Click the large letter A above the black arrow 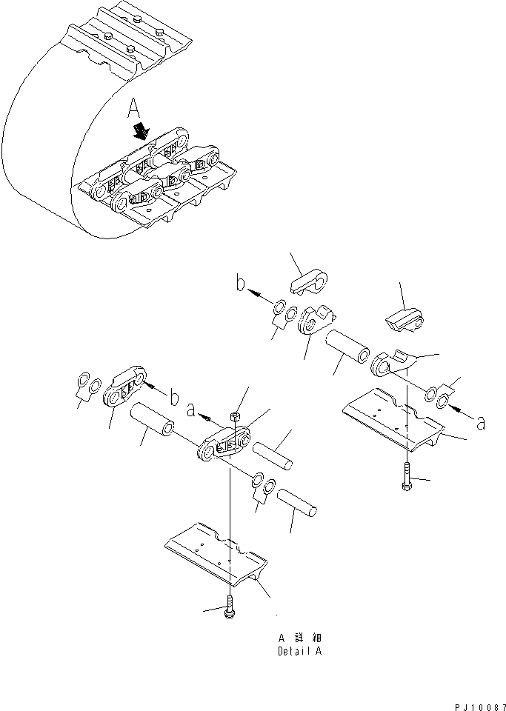tap(133, 112)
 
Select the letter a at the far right tap(481, 423)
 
